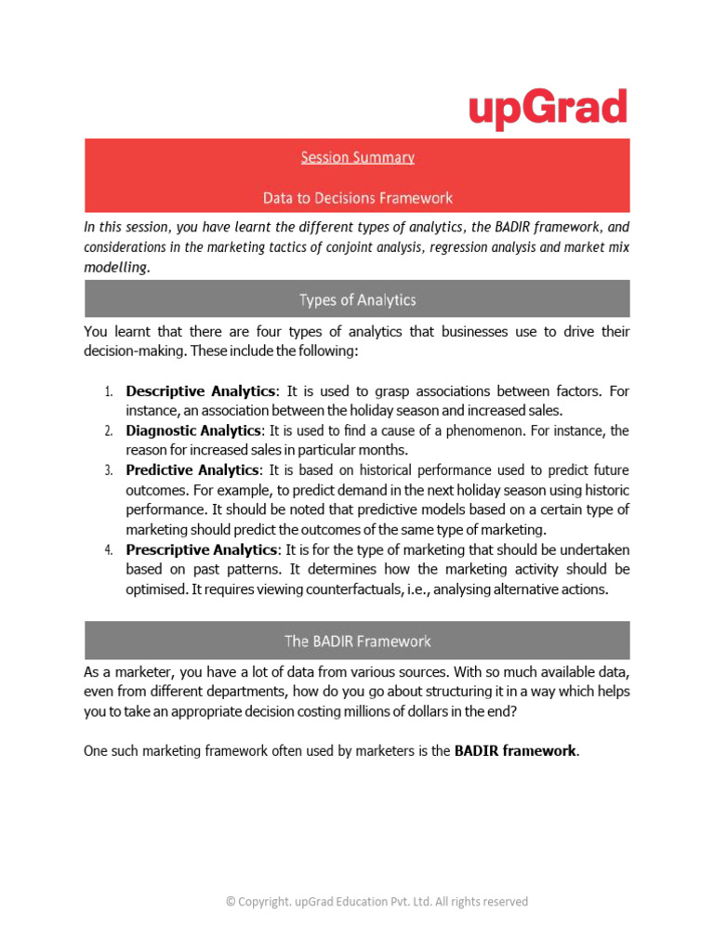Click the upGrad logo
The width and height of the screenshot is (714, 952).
coord(547,110)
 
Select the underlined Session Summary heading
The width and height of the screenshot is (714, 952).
coord(357,157)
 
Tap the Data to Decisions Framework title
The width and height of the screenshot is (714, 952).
coord(357,197)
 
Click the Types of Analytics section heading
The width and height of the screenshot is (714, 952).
coord(357,299)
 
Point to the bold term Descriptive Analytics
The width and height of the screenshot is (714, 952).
coord(201,390)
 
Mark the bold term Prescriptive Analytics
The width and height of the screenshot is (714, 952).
coord(202,549)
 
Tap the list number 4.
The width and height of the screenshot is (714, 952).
coord(108,549)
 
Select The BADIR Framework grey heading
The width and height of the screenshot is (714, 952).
coord(357,641)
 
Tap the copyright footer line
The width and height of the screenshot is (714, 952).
coord(377,901)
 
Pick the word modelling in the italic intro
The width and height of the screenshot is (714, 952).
coord(115,266)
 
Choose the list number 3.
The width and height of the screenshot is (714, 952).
coord(108,470)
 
